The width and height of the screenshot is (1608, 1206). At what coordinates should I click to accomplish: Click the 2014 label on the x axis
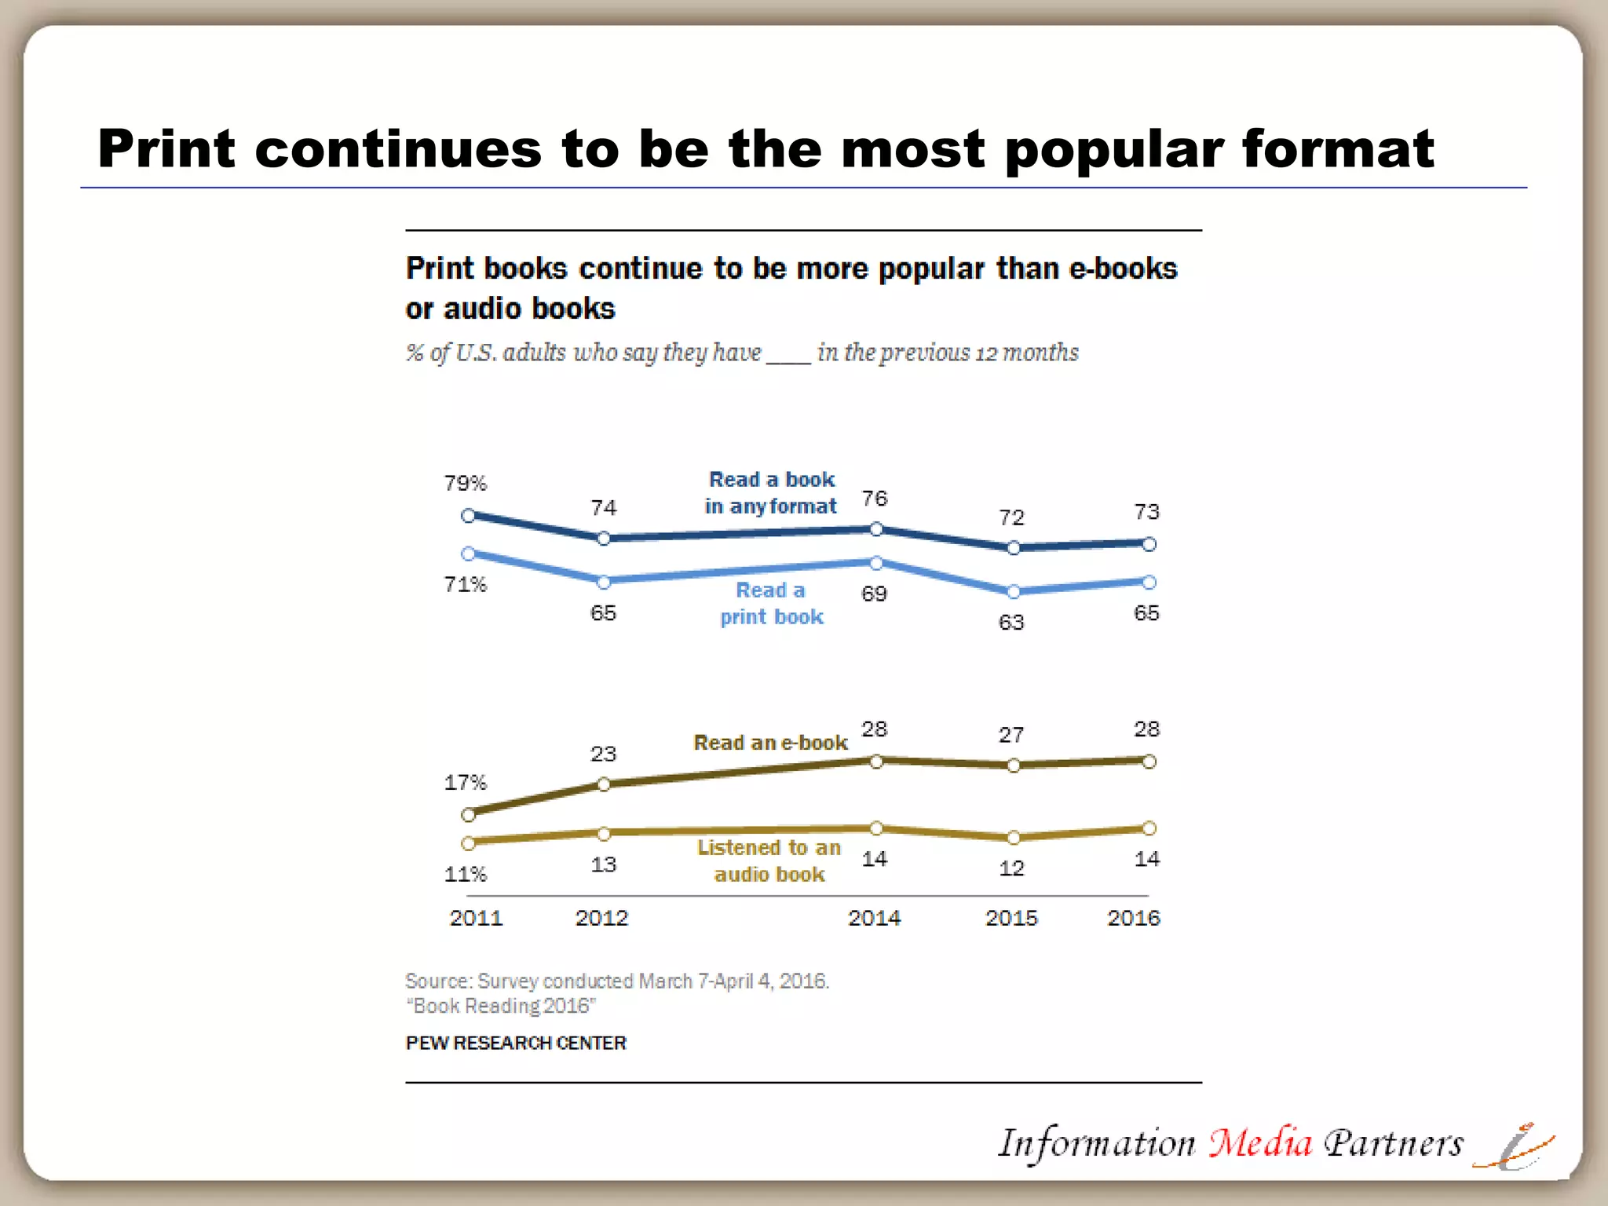click(874, 918)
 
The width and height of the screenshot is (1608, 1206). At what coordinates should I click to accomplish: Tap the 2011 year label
click(476, 918)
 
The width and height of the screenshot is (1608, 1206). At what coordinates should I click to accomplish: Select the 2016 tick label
click(1133, 918)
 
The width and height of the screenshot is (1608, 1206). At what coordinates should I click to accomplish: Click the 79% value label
click(466, 483)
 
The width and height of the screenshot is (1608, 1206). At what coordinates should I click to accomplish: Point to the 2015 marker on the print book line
click(1013, 591)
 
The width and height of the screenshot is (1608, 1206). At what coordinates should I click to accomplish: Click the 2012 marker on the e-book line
click(604, 784)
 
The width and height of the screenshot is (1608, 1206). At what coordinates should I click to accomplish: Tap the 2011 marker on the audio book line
click(469, 843)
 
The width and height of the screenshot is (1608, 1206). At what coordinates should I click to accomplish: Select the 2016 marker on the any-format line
click(1149, 543)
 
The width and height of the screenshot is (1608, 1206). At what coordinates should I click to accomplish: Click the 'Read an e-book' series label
click(770, 743)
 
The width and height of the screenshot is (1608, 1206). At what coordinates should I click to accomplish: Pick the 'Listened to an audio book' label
click(769, 861)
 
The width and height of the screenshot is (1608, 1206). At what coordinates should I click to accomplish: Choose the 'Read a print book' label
click(771, 603)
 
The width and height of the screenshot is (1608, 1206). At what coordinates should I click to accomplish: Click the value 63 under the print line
click(1011, 623)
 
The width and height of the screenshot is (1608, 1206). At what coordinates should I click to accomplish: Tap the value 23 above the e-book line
click(603, 755)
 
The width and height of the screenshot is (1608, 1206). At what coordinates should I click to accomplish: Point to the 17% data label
click(466, 783)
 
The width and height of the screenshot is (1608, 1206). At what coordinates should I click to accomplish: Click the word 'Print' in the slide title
click(166, 149)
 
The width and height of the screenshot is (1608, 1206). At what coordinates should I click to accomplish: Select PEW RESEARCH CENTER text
click(516, 1043)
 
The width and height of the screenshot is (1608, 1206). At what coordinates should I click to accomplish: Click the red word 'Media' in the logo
click(1259, 1142)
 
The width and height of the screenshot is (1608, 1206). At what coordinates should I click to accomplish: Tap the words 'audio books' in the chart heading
click(529, 309)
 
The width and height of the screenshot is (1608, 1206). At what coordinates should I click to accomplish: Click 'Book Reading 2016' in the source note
click(501, 1006)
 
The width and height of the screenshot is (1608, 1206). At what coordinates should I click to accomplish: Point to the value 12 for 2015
click(1011, 868)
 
